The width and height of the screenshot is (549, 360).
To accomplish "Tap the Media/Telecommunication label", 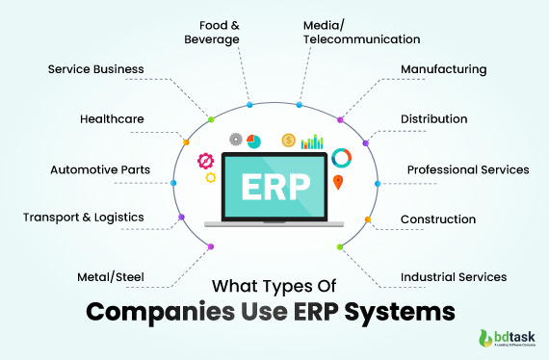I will point(361,32).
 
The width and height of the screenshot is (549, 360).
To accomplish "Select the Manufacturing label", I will point(443,69).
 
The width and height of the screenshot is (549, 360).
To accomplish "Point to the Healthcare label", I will point(113,119).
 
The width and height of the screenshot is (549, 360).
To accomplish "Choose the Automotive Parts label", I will point(100,170).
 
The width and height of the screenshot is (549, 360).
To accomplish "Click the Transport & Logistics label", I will point(84,217).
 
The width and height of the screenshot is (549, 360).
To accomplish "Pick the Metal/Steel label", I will point(111,277).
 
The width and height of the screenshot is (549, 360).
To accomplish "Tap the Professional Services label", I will point(468,169).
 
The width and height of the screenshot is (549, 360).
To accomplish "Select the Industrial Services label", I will point(454,277).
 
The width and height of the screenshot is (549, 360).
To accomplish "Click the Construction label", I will point(438,219).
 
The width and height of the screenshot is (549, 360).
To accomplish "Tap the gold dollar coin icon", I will point(288,141).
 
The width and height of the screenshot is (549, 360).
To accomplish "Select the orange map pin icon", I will point(338,181).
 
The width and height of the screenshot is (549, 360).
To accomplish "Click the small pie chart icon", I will point(254,141).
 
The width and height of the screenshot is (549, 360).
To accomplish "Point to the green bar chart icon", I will point(312,141).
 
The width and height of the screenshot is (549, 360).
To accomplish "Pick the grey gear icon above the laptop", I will point(235,139).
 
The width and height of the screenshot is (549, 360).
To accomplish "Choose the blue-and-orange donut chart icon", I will point(341,157).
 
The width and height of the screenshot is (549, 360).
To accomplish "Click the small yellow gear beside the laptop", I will point(211,177).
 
